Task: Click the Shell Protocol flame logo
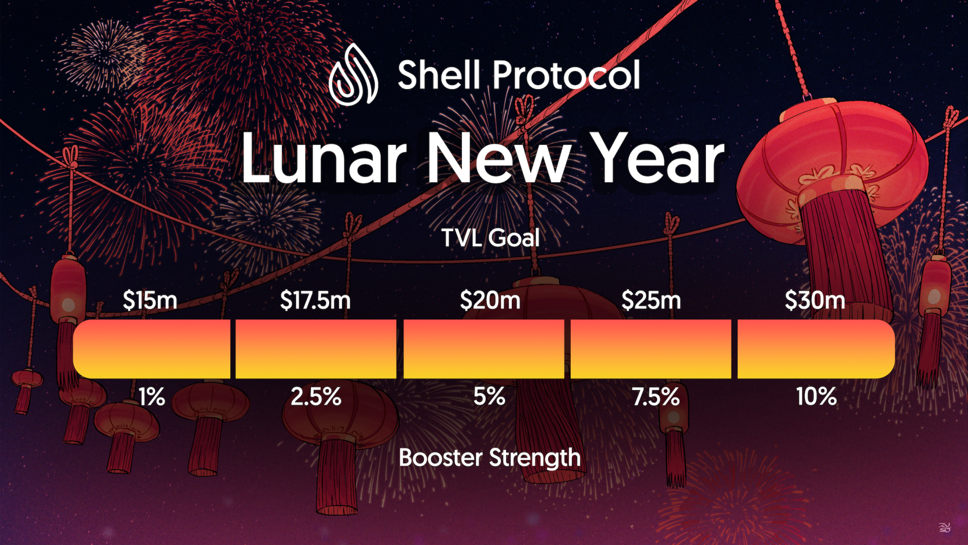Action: (353, 74)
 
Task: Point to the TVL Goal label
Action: (490, 238)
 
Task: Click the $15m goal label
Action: (150, 300)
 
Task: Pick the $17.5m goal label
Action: (315, 300)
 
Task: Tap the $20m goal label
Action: (490, 300)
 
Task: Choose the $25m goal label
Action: (651, 300)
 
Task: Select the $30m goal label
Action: (815, 300)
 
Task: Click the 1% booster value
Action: (151, 396)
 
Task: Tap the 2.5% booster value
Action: (316, 396)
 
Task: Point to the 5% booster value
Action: (489, 396)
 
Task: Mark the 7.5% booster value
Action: (656, 396)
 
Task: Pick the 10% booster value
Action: (817, 396)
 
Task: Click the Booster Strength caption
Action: (490, 458)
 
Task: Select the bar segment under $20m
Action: (484, 349)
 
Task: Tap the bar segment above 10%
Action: (816, 349)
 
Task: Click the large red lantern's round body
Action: (832, 165)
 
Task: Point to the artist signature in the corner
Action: (945, 527)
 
